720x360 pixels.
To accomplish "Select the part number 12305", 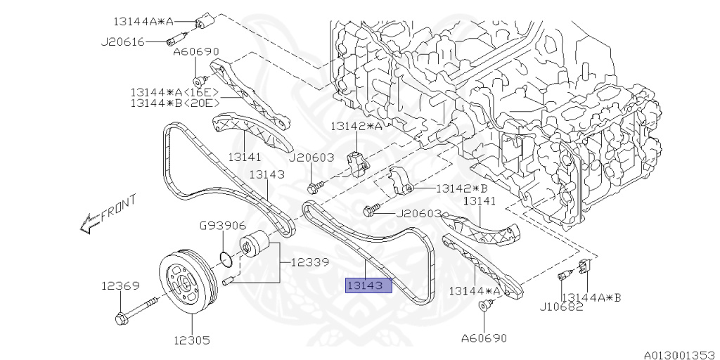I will click(x=191, y=341).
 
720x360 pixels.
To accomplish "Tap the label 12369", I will click(x=120, y=286).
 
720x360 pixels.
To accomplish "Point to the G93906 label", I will click(x=222, y=225).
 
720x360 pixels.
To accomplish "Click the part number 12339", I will click(x=309, y=262).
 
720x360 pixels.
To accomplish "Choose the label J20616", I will click(x=123, y=42).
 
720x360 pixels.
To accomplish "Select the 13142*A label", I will click(x=358, y=127).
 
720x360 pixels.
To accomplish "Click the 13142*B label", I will click(x=462, y=188).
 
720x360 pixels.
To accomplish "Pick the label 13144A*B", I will click(x=591, y=297).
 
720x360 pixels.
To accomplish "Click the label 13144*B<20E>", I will click(x=174, y=103).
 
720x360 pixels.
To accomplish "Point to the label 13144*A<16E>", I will click(x=174, y=92).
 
